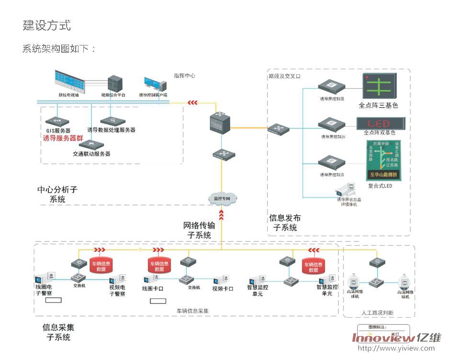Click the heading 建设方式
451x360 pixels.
point(47,25)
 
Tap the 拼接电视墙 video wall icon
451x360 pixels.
point(71,80)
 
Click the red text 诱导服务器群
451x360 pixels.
point(63,138)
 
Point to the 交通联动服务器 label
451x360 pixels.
point(91,154)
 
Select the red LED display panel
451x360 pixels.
point(380,123)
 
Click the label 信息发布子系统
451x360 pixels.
point(285,223)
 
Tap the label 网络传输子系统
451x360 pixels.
point(199,230)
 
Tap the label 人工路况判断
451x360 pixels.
point(378,313)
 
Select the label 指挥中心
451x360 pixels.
point(184,76)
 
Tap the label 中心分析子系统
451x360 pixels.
point(57,194)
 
